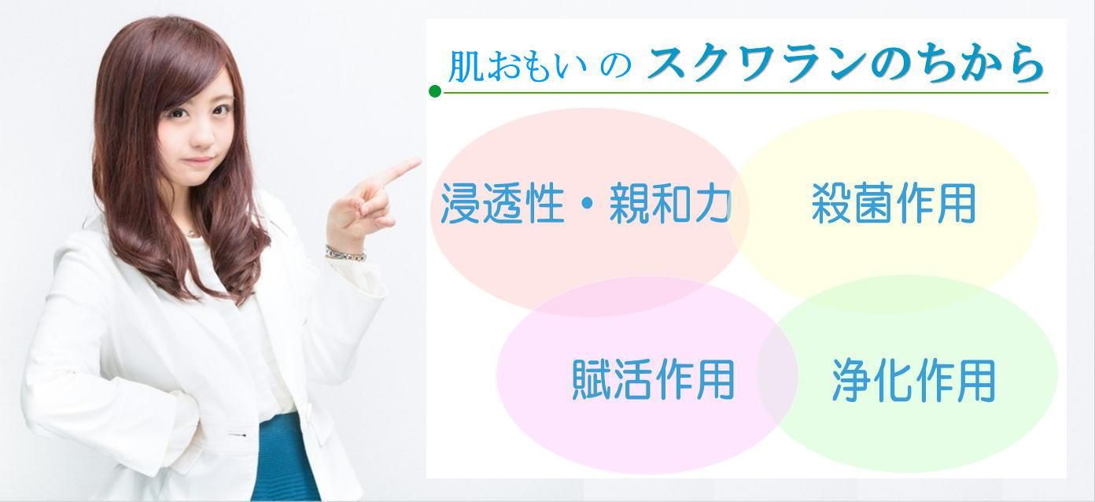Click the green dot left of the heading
[434, 92]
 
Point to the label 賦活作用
[653, 379]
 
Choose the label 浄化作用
[913, 381]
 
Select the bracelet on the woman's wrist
[345, 253]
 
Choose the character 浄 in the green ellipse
[852, 381]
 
